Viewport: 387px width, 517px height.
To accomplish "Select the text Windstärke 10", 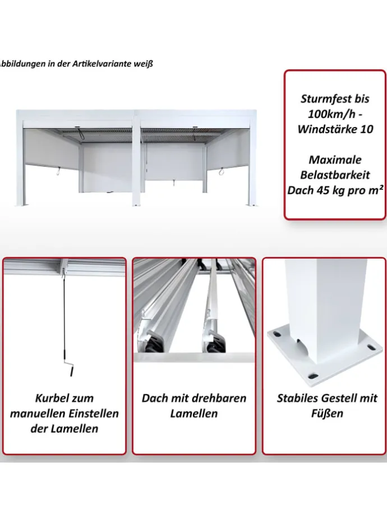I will pyautogui.click(x=335, y=129).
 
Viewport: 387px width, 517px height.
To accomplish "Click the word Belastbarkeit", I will pyautogui.click(x=335, y=175).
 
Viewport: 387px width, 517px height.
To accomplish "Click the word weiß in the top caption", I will pyautogui.click(x=142, y=64).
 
